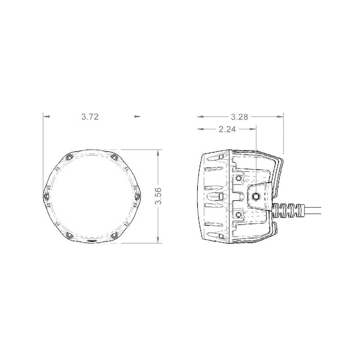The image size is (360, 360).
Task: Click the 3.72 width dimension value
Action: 90,117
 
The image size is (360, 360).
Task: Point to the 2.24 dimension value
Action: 227,129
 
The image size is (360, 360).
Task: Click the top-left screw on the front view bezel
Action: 69,157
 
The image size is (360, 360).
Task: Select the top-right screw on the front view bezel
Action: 114,157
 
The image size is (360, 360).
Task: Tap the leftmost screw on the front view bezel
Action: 47,196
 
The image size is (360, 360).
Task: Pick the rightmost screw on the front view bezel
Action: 137,196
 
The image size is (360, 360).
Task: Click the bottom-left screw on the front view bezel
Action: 69,235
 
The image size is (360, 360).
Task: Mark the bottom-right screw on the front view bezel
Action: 114,235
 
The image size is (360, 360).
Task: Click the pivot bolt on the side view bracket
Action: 256,196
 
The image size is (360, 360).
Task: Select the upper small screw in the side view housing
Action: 238,178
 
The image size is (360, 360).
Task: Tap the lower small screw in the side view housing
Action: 238,214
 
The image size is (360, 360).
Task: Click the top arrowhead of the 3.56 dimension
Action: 158,152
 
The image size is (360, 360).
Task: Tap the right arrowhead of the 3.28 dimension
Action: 281,117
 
